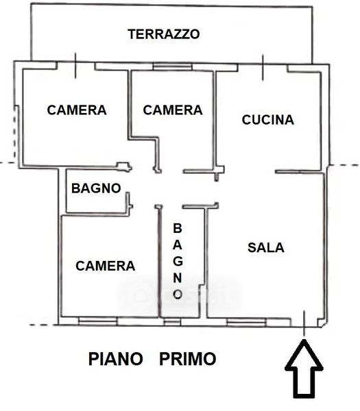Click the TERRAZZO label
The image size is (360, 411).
click(164, 34)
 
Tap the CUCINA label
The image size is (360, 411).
click(268, 120)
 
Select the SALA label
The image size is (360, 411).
click(266, 248)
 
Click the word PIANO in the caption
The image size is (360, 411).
click(115, 359)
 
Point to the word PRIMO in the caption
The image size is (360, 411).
click(188, 359)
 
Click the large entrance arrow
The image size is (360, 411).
click(304, 369)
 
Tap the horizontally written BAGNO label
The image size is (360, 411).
click(96, 188)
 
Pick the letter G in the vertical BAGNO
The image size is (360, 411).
click(178, 261)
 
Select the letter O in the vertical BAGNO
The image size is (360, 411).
click(178, 294)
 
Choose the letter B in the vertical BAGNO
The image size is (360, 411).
click(178, 228)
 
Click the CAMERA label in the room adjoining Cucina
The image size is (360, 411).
click(173, 110)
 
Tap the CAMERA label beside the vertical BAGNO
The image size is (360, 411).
click(105, 266)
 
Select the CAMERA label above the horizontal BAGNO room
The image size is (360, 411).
click(77, 110)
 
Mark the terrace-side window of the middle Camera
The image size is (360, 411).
click(173, 67)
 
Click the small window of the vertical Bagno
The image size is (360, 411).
click(172, 322)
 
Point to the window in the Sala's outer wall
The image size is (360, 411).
click(246, 322)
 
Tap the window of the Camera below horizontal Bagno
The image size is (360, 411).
click(98, 321)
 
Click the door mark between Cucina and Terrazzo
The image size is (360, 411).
click(263, 67)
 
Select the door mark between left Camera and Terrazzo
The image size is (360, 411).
click(75, 66)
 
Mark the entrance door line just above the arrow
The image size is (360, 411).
click(304, 323)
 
